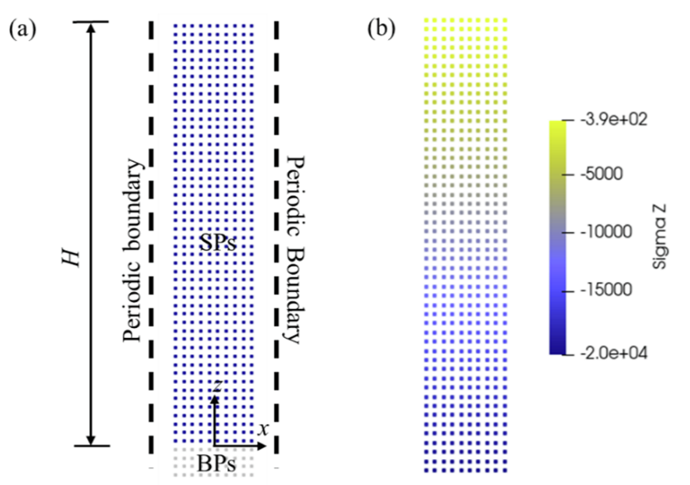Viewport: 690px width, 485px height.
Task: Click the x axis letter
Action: click(262, 429)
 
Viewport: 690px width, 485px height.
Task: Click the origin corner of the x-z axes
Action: click(214, 446)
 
